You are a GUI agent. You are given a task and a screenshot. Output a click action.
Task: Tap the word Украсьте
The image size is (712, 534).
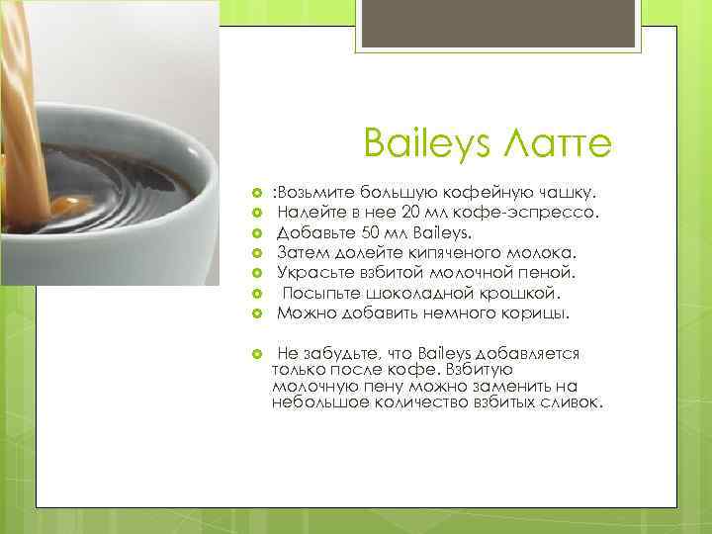point(315,272)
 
